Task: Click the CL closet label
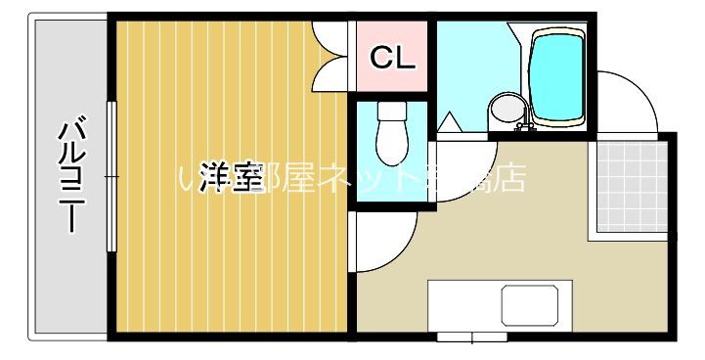pyautogui.click(x=392, y=58)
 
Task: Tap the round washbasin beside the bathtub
pyautogui.click(x=506, y=109)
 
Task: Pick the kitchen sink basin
pyautogui.click(x=535, y=304)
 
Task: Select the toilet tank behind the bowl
pyautogui.click(x=391, y=112)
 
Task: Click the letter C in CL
pyautogui.click(x=380, y=58)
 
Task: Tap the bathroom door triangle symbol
pyautogui.click(x=451, y=124)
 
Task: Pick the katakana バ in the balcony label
pyautogui.click(x=70, y=131)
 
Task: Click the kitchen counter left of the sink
pyautogui.click(x=463, y=304)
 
